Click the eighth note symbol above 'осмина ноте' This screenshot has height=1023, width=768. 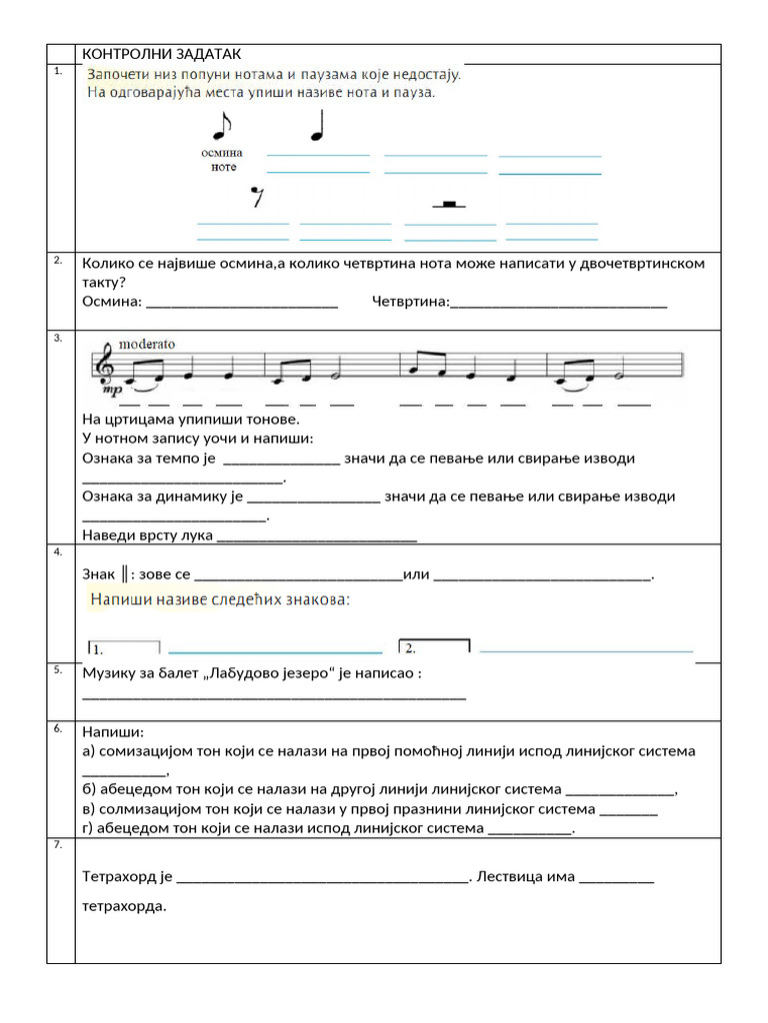[220, 125]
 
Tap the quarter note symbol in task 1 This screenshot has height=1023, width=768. [319, 125]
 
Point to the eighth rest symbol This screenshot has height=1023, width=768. [257, 197]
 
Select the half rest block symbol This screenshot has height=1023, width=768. [449, 205]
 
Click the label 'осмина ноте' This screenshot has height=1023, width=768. [222, 160]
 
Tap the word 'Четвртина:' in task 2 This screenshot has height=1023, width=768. [410, 302]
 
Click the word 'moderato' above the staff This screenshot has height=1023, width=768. [146, 344]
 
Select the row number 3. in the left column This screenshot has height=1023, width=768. [58, 339]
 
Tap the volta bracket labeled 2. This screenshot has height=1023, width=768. [433, 647]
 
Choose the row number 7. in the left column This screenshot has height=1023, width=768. [58, 845]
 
